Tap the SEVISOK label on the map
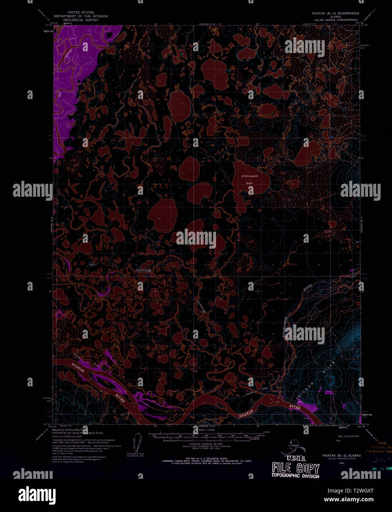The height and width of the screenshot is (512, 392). (144, 270)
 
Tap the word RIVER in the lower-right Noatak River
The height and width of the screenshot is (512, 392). (294, 407)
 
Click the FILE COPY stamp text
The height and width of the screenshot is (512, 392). (296, 468)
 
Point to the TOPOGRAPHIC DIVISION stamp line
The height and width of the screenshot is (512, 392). (295, 476)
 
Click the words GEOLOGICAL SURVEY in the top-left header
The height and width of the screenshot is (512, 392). (81, 20)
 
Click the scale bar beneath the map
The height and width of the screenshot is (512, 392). (206, 435)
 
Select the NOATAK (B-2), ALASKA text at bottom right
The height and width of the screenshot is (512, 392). (342, 455)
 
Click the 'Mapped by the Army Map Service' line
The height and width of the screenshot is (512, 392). (70, 430)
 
